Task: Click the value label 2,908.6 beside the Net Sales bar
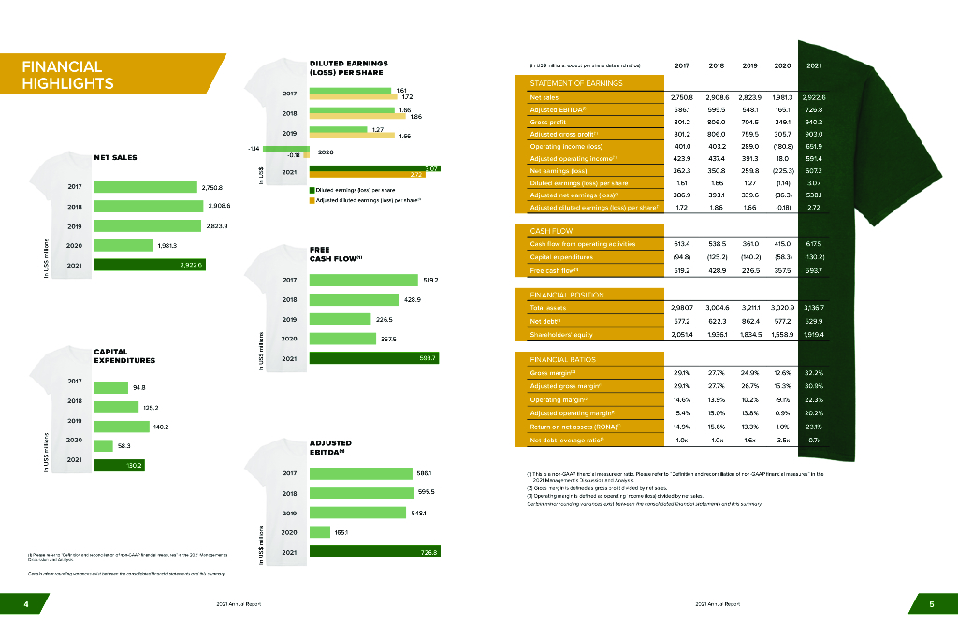point(218,206)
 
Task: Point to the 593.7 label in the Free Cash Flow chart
point(428,358)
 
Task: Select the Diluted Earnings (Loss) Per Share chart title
point(348,67)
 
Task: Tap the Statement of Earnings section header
point(570,83)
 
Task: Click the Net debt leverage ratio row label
point(567,440)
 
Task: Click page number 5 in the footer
point(932,603)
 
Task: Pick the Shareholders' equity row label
point(564,334)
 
